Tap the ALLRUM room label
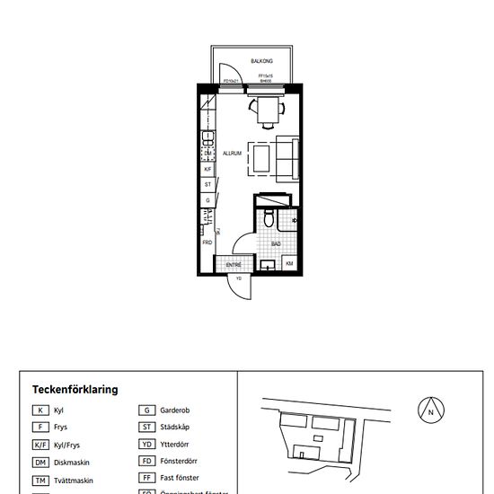[x=233, y=154]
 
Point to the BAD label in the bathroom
[x=277, y=243]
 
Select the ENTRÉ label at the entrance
[x=234, y=265]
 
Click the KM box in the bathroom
[x=289, y=263]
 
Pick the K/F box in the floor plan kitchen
[x=207, y=169]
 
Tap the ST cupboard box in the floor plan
[x=207, y=184]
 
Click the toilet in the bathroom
[x=269, y=218]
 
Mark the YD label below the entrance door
[x=239, y=279]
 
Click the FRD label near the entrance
[x=207, y=243]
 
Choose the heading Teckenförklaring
[x=75, y=390]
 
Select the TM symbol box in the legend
[x=40, y=481]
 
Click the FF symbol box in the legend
[x=147, y=478]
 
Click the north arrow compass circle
[x=431, y=410]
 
